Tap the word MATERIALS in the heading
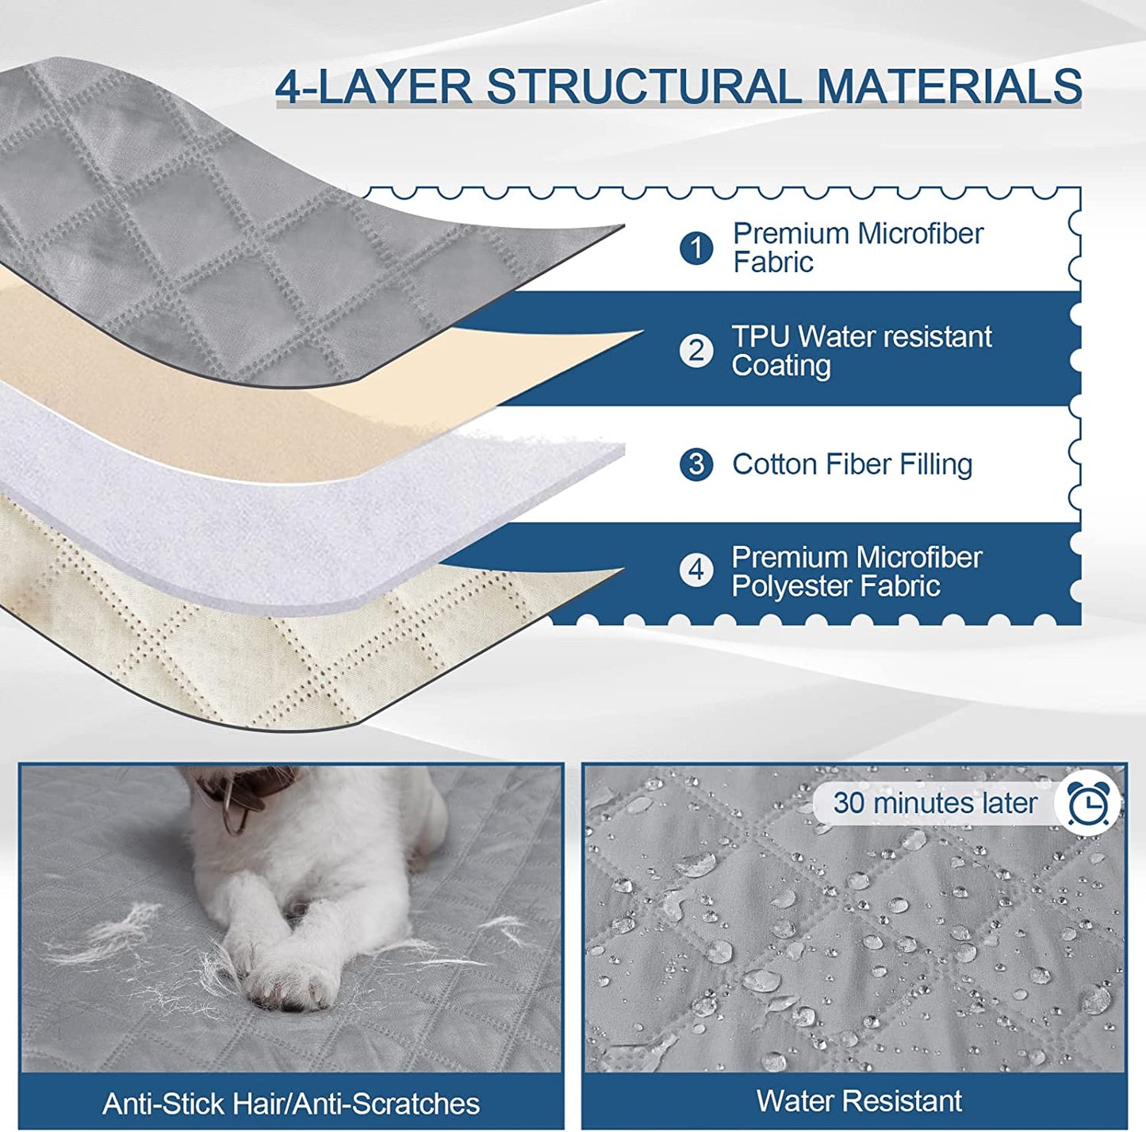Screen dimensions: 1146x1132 (949, 86)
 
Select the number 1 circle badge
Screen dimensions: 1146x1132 (696, 248)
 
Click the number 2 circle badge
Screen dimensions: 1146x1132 (696, 351)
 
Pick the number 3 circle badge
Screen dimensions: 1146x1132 (696, 465)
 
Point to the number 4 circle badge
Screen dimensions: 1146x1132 (696, 570)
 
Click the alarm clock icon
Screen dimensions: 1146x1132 (1088, 804)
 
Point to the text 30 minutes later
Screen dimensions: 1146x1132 (935, 803)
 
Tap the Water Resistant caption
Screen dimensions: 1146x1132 (859, 1100)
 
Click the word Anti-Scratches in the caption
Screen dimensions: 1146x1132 (386, 1103)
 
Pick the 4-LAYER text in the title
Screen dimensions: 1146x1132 (374, 86)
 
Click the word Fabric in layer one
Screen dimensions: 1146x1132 (773, 263)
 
